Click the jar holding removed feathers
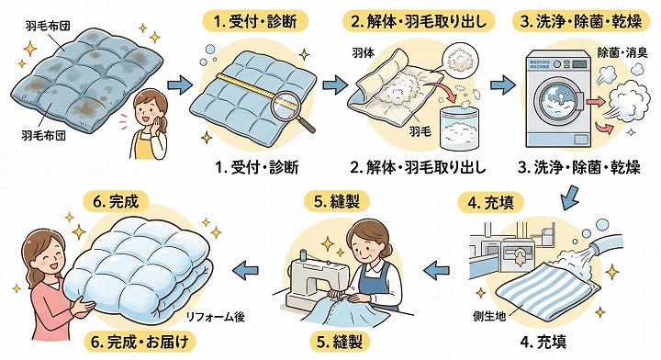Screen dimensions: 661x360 [x=458, y=128]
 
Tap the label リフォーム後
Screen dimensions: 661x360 [x=216, y=317]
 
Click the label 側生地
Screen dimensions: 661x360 [x=489, y=315]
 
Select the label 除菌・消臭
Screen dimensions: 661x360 [x=622, y=53]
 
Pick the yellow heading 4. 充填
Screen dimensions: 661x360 [x=491, y=204]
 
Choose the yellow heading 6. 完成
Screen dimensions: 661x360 [x=117, y=201]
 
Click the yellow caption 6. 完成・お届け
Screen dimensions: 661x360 [x=140, y=342]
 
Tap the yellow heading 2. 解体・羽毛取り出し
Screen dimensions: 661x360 [x=419, y=21]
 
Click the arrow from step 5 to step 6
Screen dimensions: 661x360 [x=246, y=269]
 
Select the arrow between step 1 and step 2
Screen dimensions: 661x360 [x=336, y=84]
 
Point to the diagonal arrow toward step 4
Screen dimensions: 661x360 [x=571, y=196]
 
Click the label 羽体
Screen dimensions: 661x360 [x=362, y=53]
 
